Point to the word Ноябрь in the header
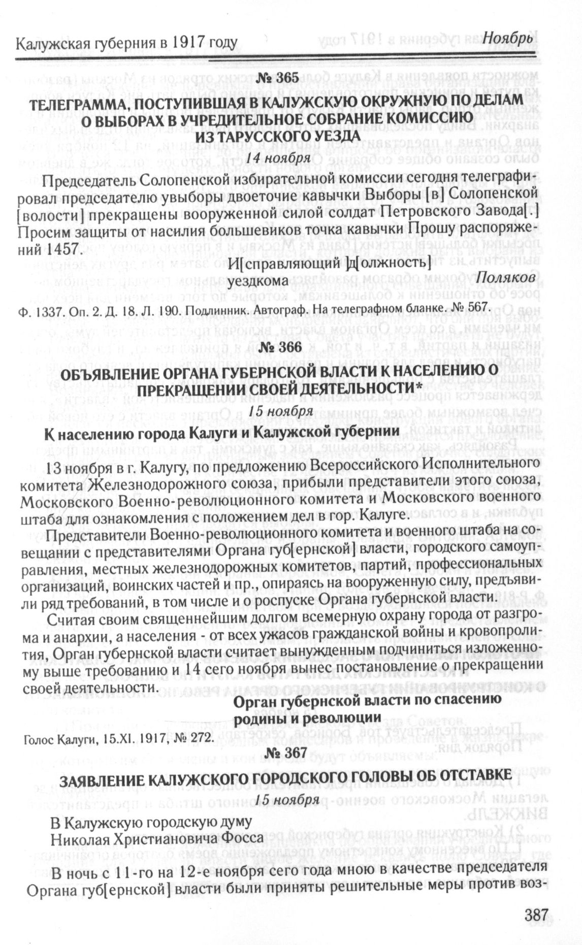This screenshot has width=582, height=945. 507,39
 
